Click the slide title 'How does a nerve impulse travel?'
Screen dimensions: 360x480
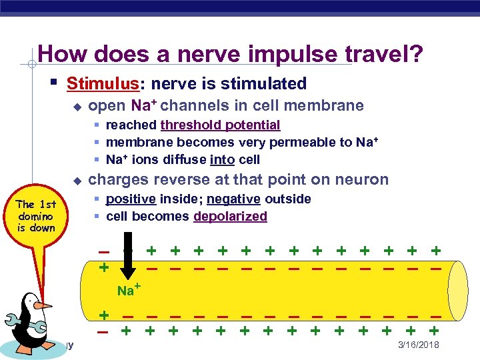tap(230, 54)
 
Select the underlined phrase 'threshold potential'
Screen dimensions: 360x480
tap(220, 125)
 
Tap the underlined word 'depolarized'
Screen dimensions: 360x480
tap(230, 216)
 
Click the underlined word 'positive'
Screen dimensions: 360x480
tap(131, 199)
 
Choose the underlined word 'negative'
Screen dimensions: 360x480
tap(233, 199)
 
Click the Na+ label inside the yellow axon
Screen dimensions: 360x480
tap(128, 290)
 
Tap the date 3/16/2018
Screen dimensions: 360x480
tap(419, 345)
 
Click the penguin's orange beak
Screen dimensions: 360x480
tap(43, 305)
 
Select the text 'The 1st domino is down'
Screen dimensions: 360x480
tap(36, 216)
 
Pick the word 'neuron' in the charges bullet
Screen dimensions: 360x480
tap(364, 179)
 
